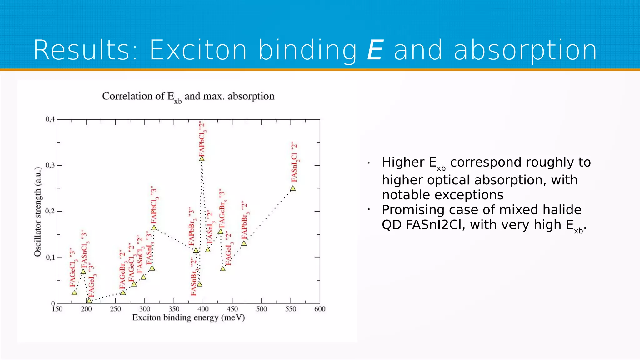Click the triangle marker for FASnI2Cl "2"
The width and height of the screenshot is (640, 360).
[293, 188]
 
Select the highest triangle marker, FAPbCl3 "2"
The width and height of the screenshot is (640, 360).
[202, 159]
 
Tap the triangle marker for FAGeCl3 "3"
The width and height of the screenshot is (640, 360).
[74, 293]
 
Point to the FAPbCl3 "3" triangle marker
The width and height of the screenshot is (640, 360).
[154, 228]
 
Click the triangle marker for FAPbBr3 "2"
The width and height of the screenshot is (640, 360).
[244, 243]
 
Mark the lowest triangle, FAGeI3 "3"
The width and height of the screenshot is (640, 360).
[89, 301]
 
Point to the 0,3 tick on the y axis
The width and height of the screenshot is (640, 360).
[50, 165]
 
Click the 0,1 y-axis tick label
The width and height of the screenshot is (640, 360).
[50, 257]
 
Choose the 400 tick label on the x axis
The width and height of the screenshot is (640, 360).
[203, 309]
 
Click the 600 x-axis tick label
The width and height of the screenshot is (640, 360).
[320, 309]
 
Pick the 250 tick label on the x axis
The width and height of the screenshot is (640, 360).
[116, 309]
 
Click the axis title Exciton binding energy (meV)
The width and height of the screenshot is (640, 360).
[188, 318]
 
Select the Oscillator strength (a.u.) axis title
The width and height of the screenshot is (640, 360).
[38, 212]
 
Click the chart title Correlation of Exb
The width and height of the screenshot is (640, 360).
[188, 96]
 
